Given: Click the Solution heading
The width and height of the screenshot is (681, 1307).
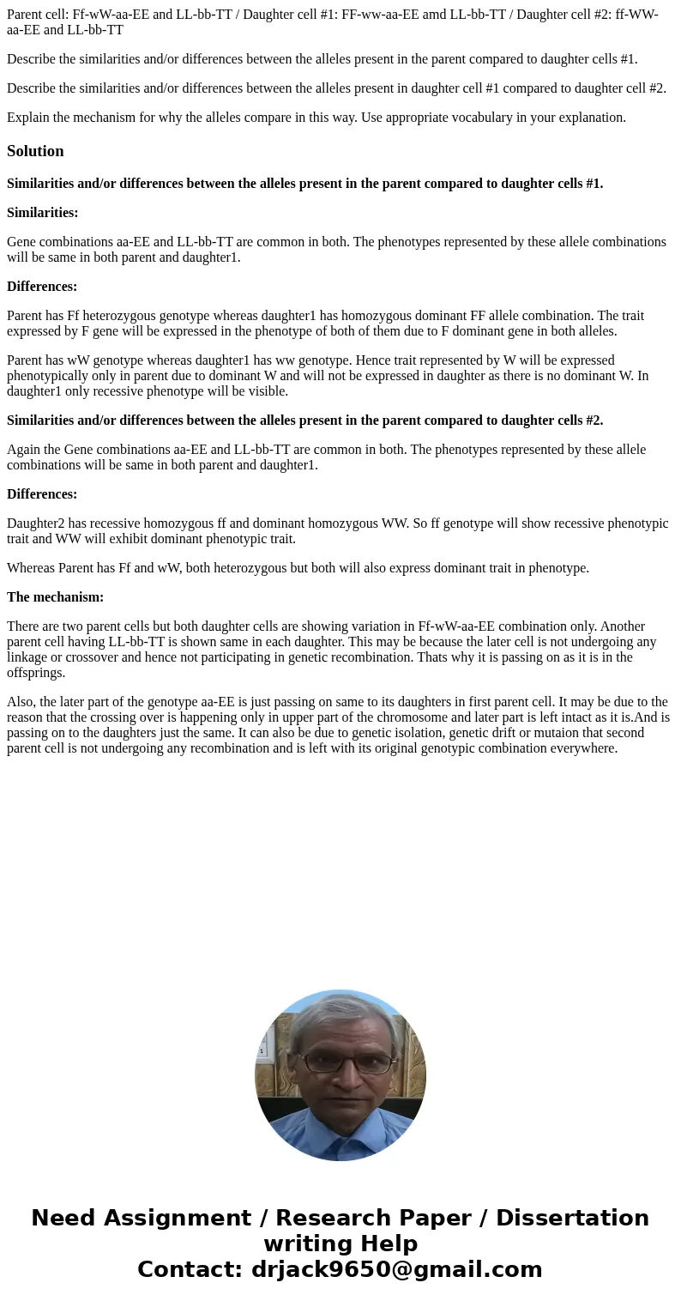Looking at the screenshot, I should (x=35, y=151).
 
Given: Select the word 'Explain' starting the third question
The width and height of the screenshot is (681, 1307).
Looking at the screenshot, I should (x=29, y=118).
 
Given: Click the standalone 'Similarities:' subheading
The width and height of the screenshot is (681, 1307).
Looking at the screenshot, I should (x=43, y=213).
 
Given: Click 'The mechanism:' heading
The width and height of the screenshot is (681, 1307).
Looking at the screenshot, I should (x=55, y=597).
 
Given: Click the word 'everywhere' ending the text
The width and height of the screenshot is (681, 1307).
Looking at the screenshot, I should (x=583, y=748).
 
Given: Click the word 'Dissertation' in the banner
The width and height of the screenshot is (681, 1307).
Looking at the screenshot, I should (x=572, y=1218).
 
